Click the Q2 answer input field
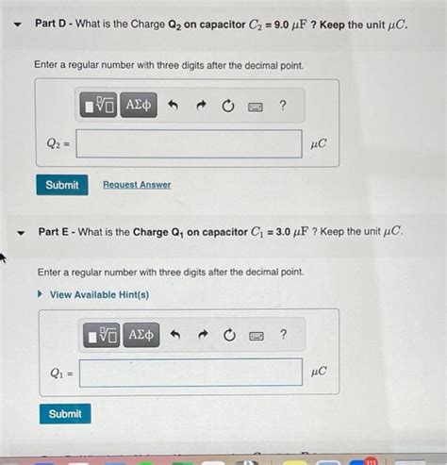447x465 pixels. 189,144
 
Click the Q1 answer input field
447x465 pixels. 191,373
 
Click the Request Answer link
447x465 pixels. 137,185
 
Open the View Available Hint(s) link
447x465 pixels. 98,295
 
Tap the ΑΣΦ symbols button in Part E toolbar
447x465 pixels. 141,334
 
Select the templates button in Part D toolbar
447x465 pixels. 99,105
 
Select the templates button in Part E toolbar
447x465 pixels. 102,334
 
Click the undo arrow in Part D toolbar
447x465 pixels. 173,106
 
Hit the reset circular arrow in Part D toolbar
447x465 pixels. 227,106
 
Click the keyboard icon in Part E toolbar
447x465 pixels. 256,335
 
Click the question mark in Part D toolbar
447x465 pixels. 282,105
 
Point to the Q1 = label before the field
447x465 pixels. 60,373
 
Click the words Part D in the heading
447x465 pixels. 54,24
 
